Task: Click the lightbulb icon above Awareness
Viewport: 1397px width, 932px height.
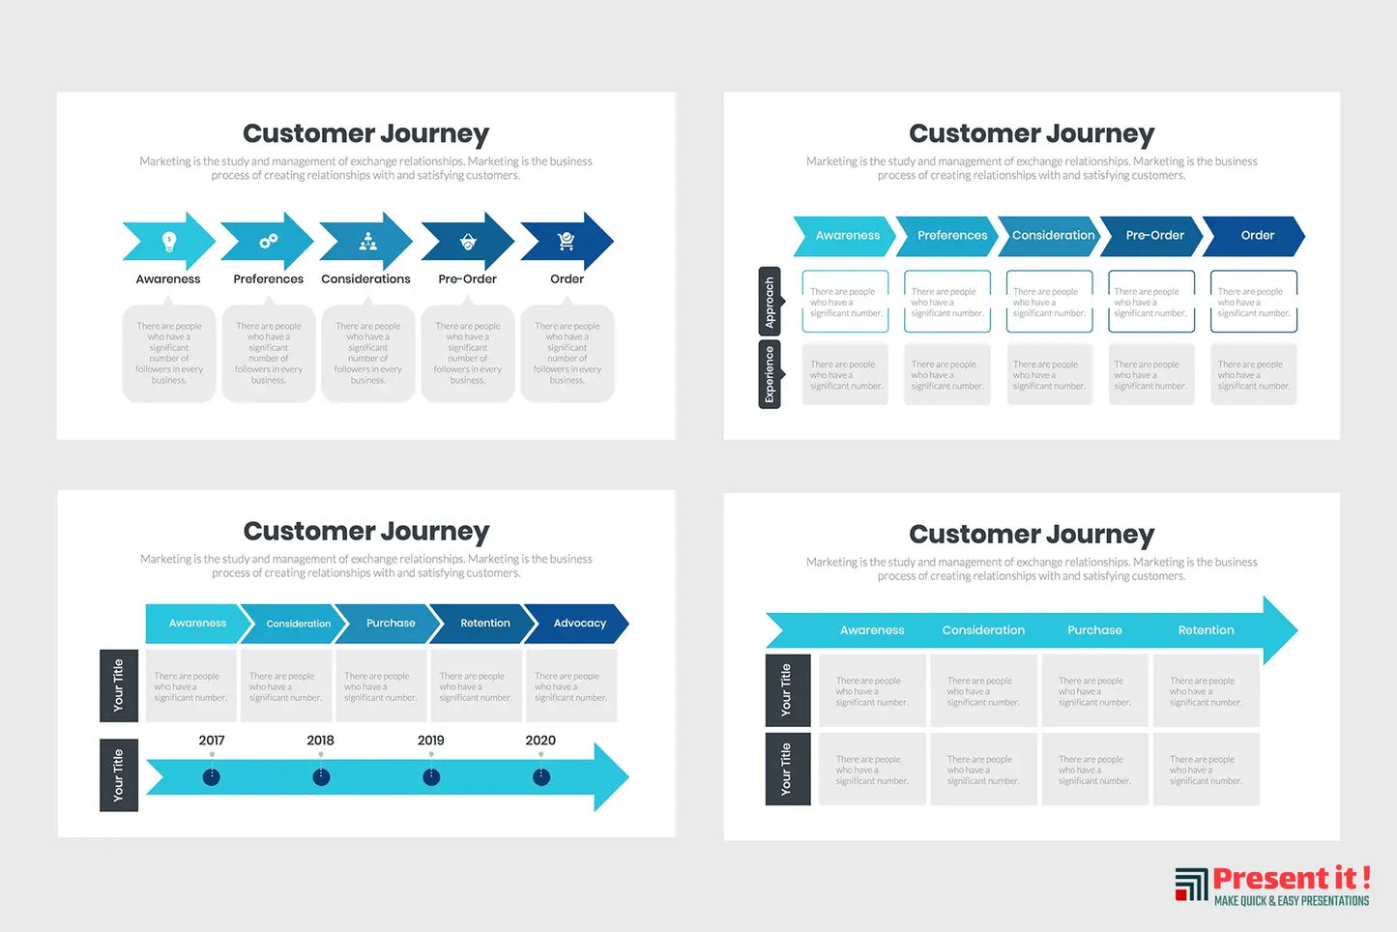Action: click(x=169, y=241)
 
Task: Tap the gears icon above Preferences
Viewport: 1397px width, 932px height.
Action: click(x=269, y=241)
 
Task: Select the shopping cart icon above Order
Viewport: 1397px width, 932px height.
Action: click(x=567, y=241)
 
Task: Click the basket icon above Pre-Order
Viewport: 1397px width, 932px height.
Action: click(x=468, y=241)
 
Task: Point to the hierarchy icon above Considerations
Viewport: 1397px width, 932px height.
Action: click(x=368, y=241)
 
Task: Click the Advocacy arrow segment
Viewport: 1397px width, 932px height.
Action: click(x=579, y=624)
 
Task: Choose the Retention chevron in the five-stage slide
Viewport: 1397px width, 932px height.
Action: click(x=484, y=624)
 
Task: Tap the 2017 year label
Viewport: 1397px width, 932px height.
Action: click(x=212, y=741)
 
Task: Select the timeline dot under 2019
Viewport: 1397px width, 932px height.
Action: click(x=431, y=776)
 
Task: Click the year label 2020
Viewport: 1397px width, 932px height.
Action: click(x=540, y=741)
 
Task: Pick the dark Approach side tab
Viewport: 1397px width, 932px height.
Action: click(x=770, y=302)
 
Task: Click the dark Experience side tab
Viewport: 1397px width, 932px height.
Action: click(x=770, y=374)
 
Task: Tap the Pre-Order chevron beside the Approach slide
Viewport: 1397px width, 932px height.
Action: click(x=1154, y=236)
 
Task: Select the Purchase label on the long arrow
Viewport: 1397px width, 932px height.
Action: click(x=1094, y=630)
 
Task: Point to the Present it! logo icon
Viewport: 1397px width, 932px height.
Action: click(x=1191, y=884)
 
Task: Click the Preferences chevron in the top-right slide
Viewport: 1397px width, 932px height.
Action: click(x=951, y=236)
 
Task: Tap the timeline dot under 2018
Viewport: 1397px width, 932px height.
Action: click(x=322, y=776)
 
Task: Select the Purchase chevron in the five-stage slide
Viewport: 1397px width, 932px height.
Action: click(x=391, y=624)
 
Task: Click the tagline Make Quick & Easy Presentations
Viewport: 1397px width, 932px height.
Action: click(x=1292, y=901)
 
